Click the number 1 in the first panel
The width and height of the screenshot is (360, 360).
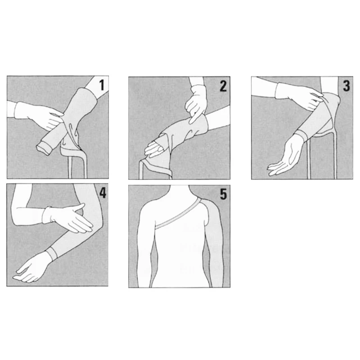tap(102, 85)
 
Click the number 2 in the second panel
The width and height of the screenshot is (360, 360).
tap(223, 86)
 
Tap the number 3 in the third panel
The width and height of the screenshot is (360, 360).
tap(346, 85)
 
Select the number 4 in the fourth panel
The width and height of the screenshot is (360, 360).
tap(103, 193)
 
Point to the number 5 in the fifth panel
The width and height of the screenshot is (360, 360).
tap(223, 194)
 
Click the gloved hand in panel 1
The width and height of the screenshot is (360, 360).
tap(39, 115)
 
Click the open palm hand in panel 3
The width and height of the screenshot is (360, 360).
tap(285, 156)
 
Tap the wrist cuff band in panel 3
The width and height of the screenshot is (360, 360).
tap(302, 136)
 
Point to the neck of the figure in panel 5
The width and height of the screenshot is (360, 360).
tap(179, 191)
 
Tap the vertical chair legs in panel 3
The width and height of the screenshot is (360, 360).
tap(323, 156)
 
